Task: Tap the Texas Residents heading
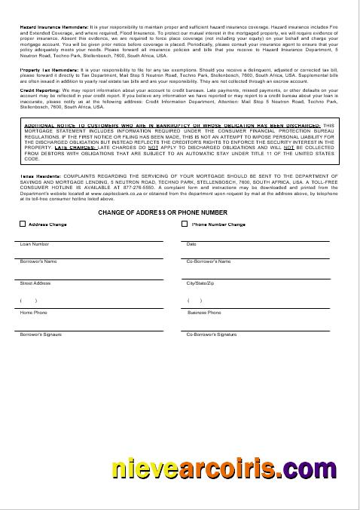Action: [x=37, y=175]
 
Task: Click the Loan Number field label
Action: [x=35, y=244]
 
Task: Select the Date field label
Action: [x=191, y=244]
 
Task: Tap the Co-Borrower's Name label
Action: [x=208, y=261]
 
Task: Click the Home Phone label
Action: [x=33, y=312]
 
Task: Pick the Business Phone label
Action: [x=203, y=312]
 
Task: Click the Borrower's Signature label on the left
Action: [x=40, y=332]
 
